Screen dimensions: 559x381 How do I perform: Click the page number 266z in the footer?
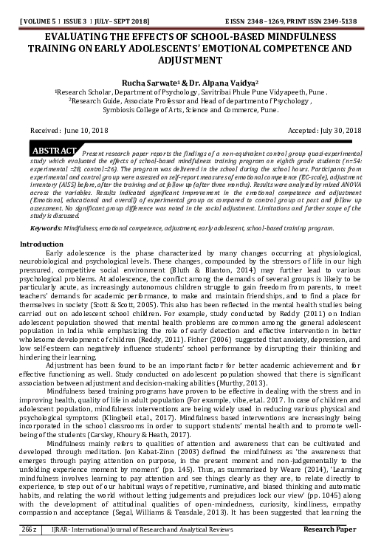point(31,550)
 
